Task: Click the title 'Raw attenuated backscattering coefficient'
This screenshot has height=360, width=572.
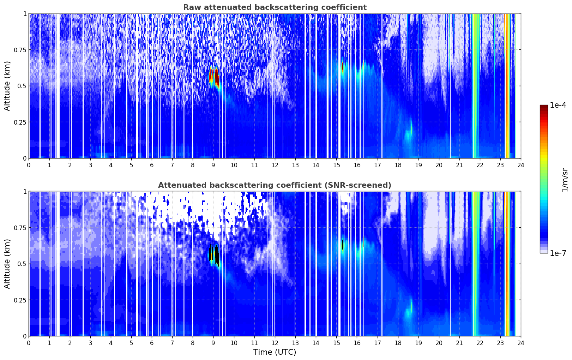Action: pyautogui.click(x=275, y=7)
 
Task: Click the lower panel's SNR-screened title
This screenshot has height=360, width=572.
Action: pyautogui.click(x=275, y=185)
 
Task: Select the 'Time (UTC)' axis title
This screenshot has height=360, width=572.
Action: pyautogui.click(x=275, y=352)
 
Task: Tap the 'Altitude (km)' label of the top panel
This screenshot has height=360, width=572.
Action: pyautogui.click(x=7, y=86)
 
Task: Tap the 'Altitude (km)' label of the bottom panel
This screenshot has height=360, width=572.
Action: pyautogui.click(x=7, y=264)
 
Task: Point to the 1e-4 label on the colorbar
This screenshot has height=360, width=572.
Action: pyautogui.click(x=558, y=105)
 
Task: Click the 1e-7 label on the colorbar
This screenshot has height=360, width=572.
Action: pyautogui.click(x=558, y=253)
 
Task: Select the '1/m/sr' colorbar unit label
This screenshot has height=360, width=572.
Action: pyautogui.click(x=565, y=180)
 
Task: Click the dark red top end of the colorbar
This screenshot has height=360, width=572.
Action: pyautogui.click(x=544, y=106)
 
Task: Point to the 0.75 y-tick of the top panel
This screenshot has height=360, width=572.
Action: pyautogui.click(x=20, y=50)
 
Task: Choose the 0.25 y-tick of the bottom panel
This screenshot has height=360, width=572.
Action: pyautogui.click(x=20, y=300)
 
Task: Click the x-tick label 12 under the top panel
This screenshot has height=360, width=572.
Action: pyautogui.click(x=275, y=165)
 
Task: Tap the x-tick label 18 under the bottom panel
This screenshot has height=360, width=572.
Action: pyautogui.click(x=398, y=343)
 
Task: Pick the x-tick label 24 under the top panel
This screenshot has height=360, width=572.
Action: pyautogui.click(x=521, y=165)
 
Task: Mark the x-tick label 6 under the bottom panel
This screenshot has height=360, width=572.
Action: pyautogui.click(x=152, y=343)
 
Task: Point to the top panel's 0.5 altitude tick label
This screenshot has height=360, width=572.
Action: pyautogui.click(x=22, y=86)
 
